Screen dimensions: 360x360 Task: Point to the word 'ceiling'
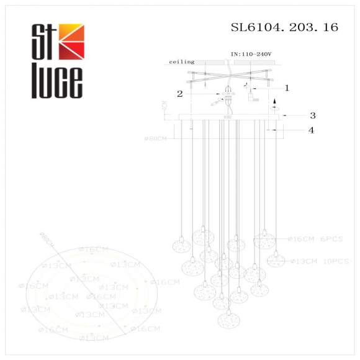pyautogui.click(x=182, y=62)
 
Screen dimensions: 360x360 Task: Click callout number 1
pyautogui.click(x=287, y=88)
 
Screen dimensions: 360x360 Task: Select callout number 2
pyautogui.click(x=179, y=94)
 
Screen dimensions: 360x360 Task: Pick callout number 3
pyautogui.click(x=313, y=115)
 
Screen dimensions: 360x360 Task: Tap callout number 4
pyautogui.click(x=312, y=130)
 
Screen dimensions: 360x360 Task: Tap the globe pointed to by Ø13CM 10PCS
pyautogui.click(x=276, y=259)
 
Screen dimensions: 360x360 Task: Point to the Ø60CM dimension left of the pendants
pyautogui.click(x=155, y=138)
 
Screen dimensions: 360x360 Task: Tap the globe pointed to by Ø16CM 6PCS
pyautogui.click(x=264, y=238)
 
